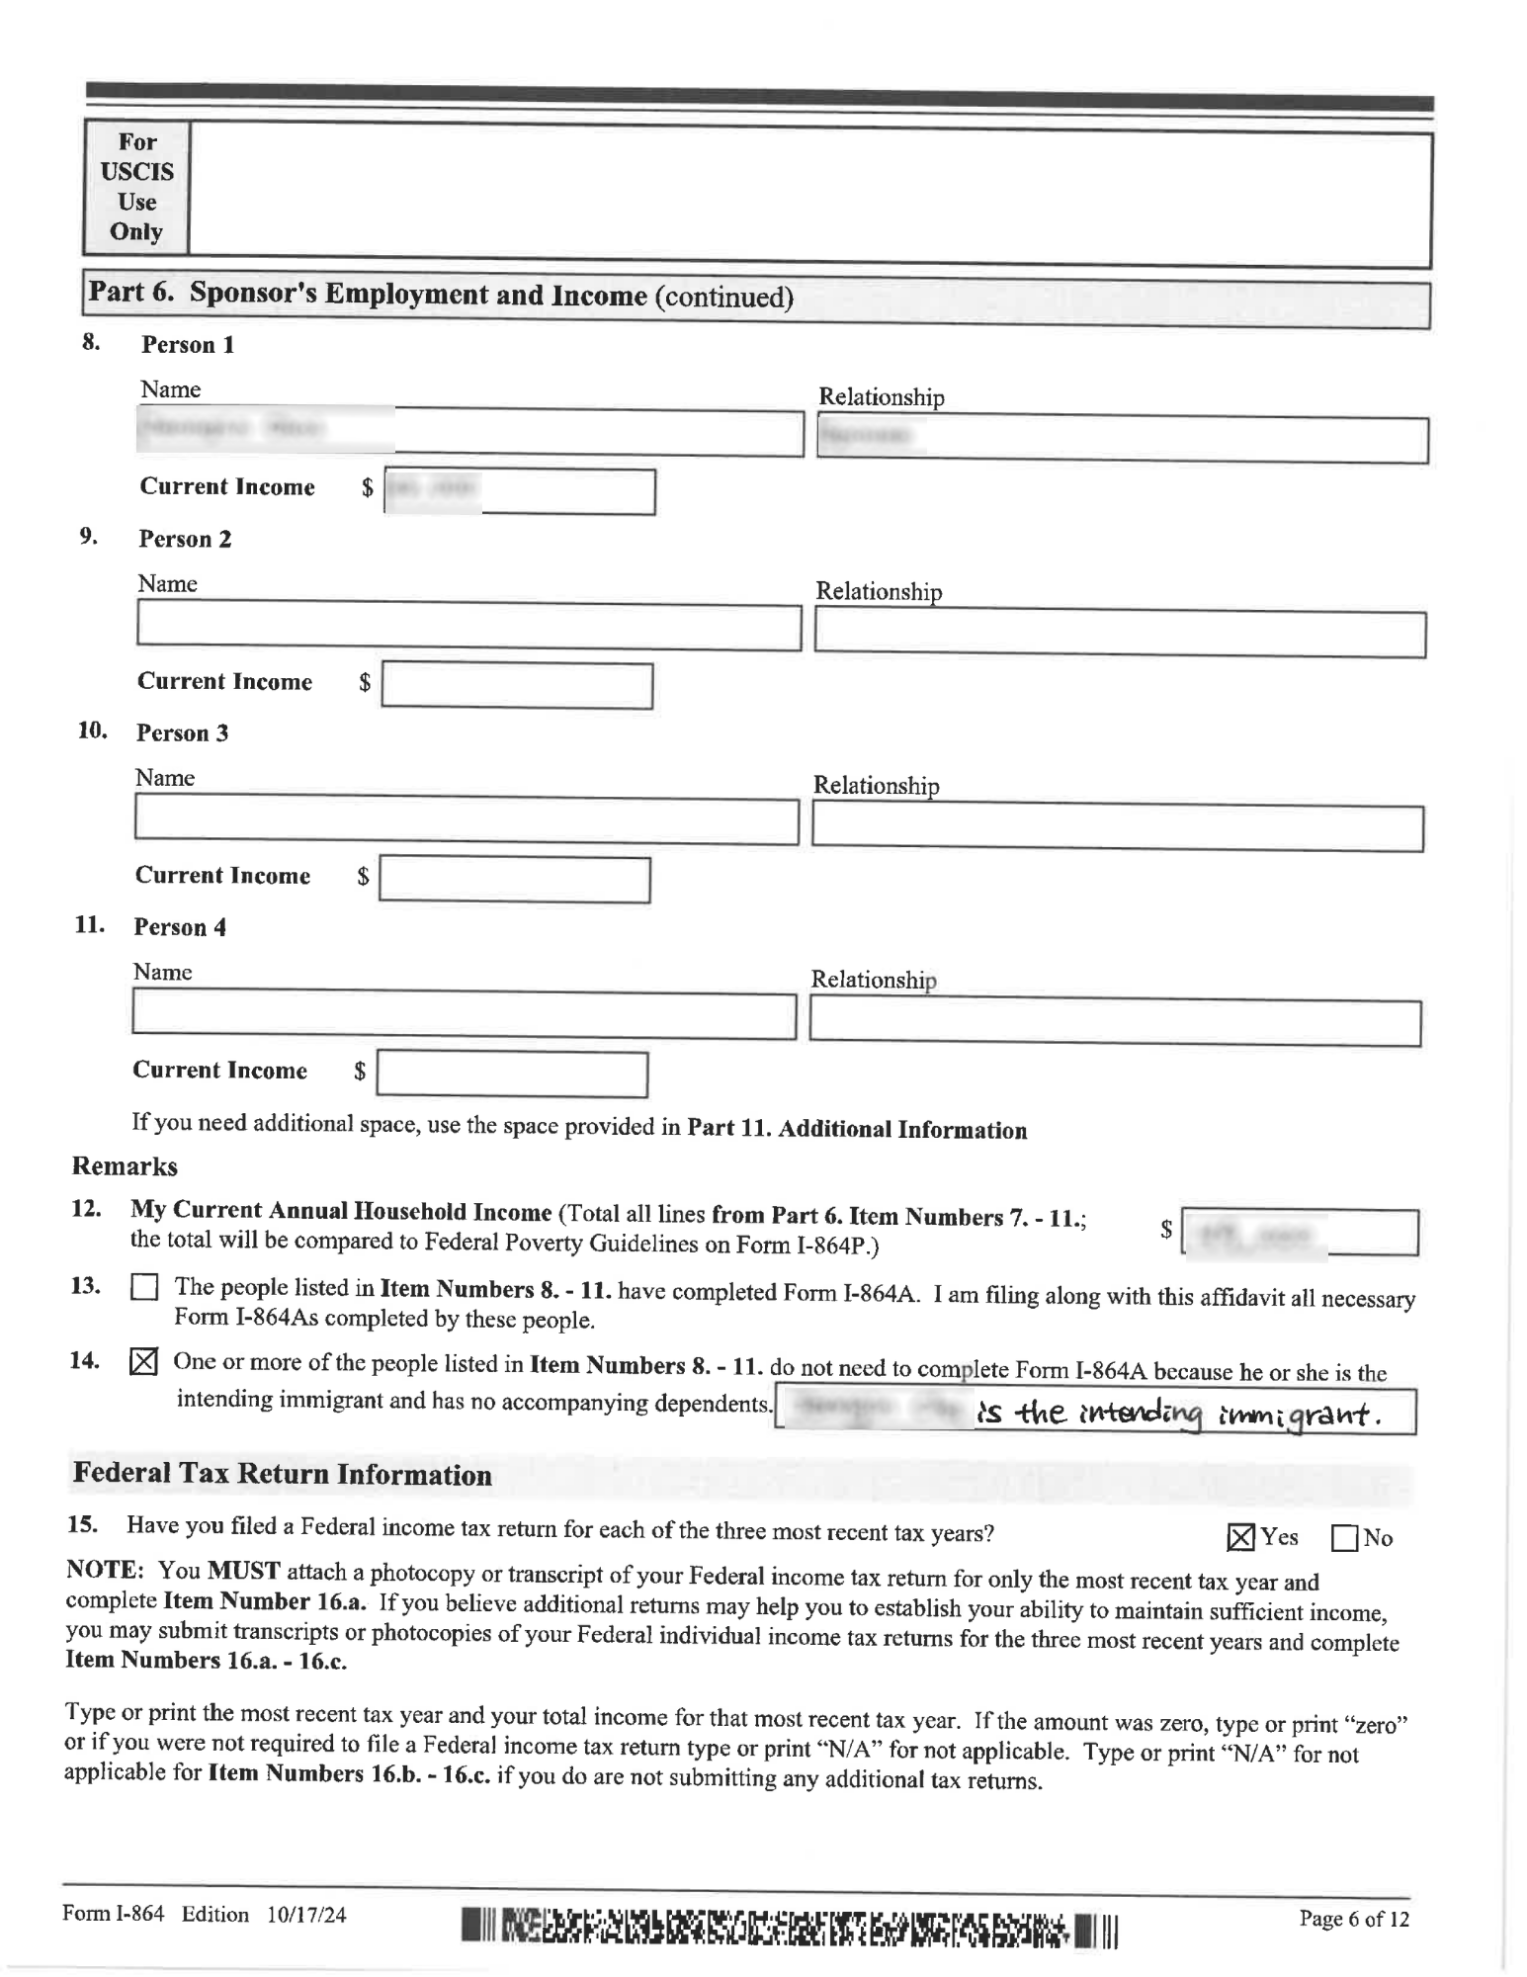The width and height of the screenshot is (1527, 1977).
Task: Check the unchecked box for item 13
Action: [x=144, y=1287]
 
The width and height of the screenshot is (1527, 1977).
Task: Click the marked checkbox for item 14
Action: [x=143, y=1362]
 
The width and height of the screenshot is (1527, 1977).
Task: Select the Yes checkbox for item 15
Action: [x=1240, y=1537]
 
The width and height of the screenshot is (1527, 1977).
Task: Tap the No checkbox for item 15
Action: [x=1344, y=1539]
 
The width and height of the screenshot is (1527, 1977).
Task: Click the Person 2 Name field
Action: [x=468, y=627]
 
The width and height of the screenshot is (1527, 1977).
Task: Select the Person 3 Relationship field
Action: [x=1117, y=828]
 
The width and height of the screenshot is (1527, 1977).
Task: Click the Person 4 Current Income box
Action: [x=512, y=1074]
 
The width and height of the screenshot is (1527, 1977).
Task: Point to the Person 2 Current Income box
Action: [x=517, y=686]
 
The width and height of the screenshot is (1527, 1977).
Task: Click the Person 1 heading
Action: [x=187, y=345]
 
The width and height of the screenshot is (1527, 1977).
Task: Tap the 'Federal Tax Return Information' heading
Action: [x=282, y=1474]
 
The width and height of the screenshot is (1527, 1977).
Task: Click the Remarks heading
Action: [x=125, y=1166]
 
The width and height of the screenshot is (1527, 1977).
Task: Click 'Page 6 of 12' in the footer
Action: [x=1353, y=1919]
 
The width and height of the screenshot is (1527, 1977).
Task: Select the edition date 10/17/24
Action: [x=306, y=1915]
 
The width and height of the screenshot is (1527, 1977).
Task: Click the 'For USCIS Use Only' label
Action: [x=136, y=187]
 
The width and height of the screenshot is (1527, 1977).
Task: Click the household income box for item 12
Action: [x=1300, y=1233]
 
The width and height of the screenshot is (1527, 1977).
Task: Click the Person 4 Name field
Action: [x=464, y=1016]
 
